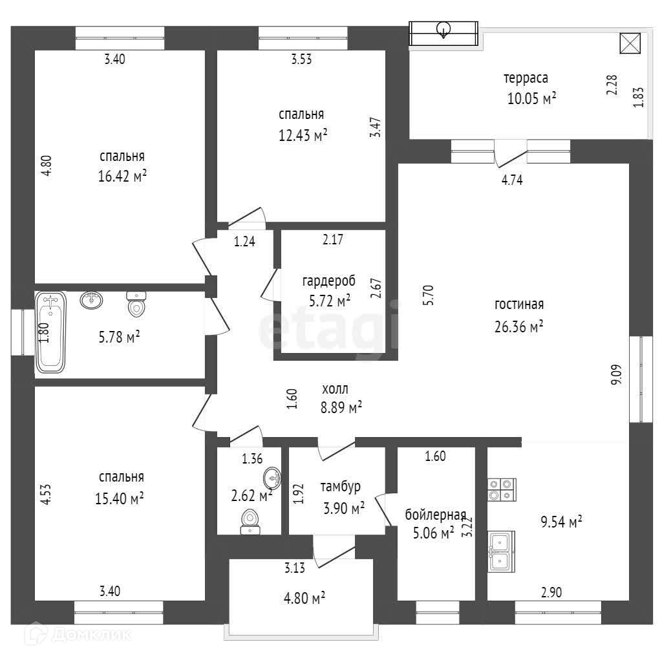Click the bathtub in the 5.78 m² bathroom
[x=50, y=332]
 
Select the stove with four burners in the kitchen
[x=501, y=489]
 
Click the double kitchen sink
[x=501, y=551]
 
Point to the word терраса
[x=526, y=78]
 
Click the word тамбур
[x=340, y=486]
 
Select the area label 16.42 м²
[x=122, y=177]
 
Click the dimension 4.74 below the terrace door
[x=512, y=181]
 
